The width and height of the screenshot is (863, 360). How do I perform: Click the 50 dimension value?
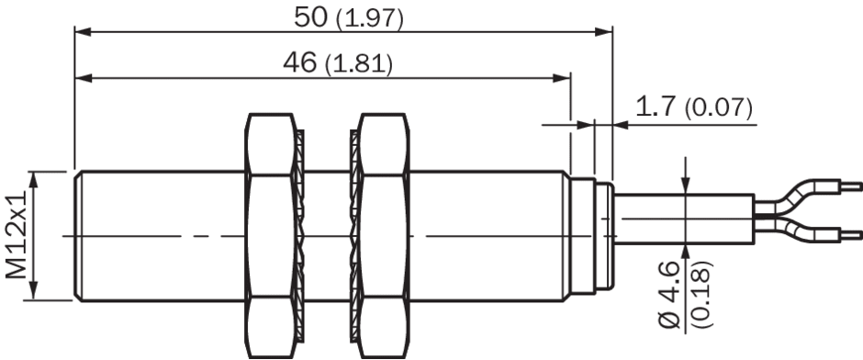(311, 17)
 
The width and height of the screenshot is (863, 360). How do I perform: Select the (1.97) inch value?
(370, 19)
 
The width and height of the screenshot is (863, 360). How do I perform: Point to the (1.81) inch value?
(359, 65)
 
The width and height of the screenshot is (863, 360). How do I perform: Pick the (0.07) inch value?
(718, 108)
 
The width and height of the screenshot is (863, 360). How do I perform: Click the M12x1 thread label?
(16, 235)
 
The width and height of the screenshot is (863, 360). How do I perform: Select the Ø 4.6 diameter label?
(671, 295)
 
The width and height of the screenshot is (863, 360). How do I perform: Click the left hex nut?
(270, 236)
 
